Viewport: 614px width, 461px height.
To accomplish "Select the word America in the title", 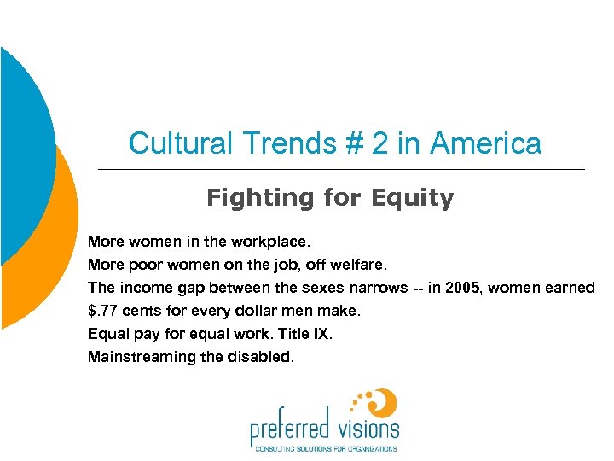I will [486, 143].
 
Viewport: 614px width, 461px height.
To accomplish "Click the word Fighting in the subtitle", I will [260, 198].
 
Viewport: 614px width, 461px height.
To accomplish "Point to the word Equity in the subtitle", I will [413, 198].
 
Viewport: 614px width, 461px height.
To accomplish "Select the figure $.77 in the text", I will [106, 311].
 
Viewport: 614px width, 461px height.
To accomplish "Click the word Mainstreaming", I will [140, 357].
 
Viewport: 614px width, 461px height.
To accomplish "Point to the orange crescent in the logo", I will [385, 402].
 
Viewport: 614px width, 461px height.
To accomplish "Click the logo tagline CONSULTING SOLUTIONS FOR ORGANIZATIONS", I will [323, 448].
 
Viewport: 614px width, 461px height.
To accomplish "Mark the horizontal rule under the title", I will [341, 170].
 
